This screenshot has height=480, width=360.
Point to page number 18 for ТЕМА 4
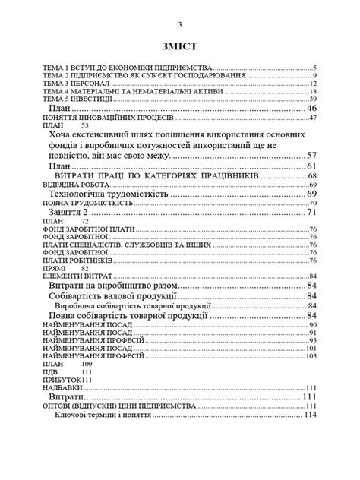point(312,91)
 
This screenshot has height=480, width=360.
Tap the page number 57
point(311,155)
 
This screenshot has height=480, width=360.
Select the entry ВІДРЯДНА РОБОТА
point(72,185)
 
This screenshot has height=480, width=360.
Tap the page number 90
point(312,325)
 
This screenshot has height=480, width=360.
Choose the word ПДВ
point(49,372)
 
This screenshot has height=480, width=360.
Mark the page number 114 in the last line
point(309,415)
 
